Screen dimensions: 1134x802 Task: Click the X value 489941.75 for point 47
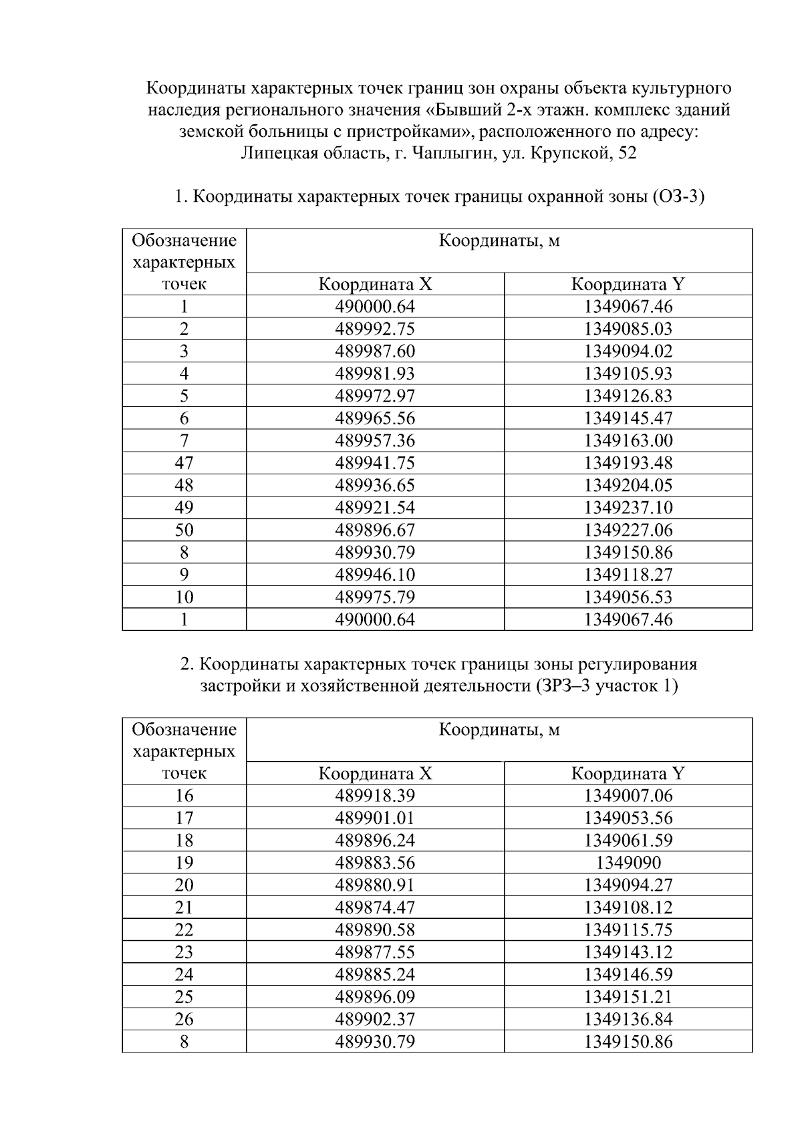[374, 463]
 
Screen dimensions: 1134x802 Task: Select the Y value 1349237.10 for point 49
[628, 508]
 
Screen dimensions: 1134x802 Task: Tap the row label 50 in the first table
[184, 531]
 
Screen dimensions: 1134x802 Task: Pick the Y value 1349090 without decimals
[628, 863]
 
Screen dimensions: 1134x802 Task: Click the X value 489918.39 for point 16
[374, 796]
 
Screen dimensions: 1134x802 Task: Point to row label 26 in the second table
[184, 1019]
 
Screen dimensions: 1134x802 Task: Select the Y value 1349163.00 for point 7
[628, 441]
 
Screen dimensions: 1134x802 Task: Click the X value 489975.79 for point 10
[374, 597]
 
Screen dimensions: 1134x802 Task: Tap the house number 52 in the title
[628, 154]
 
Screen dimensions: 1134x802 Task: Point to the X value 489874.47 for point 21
[374, 907]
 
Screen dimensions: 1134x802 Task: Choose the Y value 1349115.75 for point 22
[628, 930]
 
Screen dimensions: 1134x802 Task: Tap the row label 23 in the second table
[184, 952]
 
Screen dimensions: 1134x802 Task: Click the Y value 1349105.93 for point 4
[628, 374]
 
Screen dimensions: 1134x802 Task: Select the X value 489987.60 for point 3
[374, 351]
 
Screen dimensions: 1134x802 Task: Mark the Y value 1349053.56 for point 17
[628, 818]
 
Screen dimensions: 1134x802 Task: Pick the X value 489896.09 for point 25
[374, 997]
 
